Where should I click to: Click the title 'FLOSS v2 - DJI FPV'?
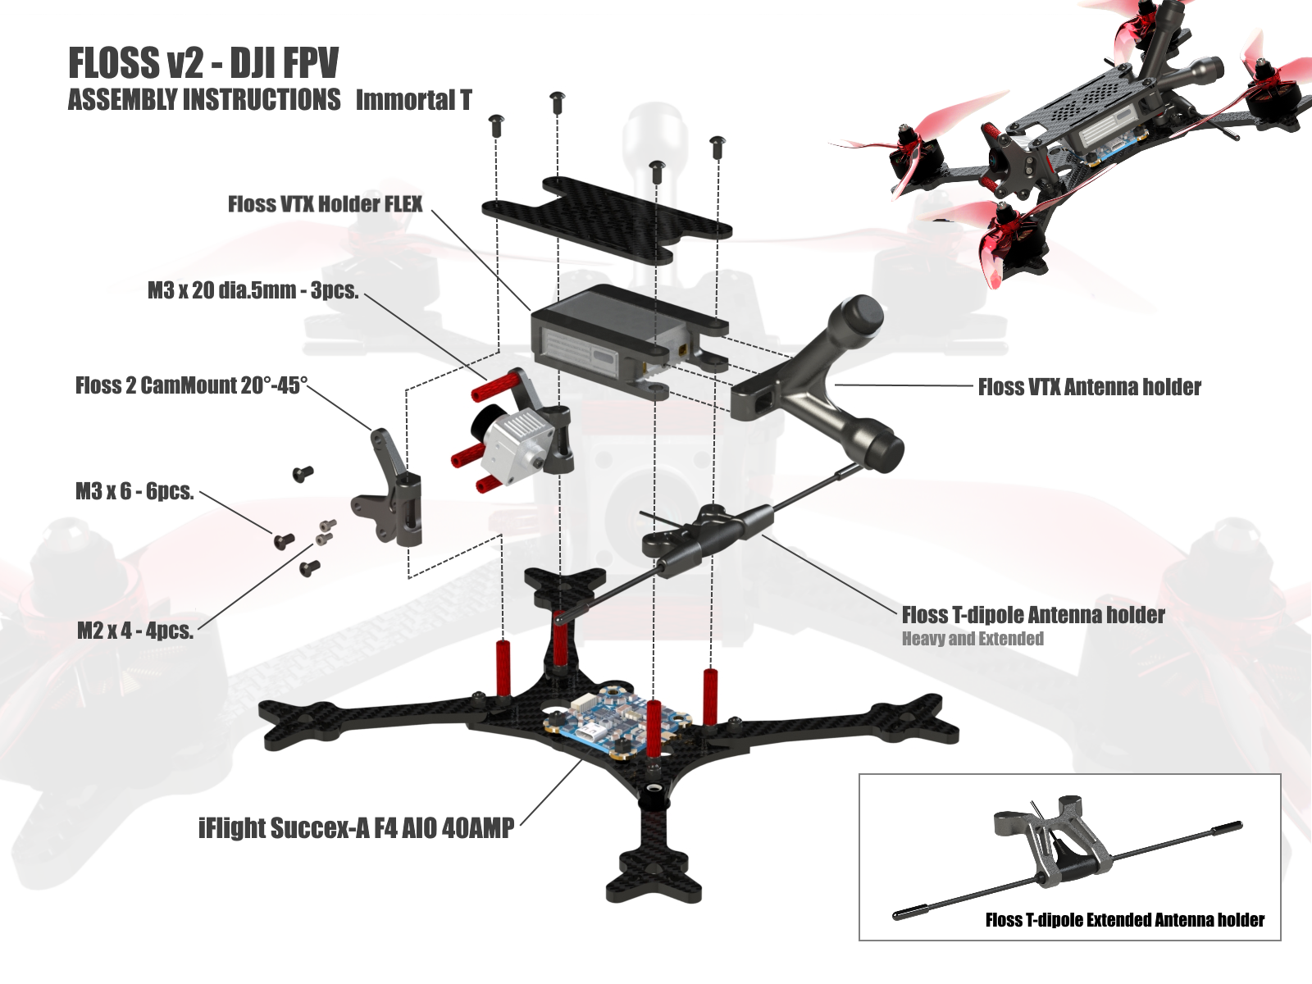pos(203,63)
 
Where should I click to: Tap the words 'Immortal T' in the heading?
pos(413,100)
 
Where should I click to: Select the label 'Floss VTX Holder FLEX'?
pos(325,204)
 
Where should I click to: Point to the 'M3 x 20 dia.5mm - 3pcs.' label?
pos(253,290)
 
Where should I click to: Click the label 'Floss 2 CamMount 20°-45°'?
pos(191,385)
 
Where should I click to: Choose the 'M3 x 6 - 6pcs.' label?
pos(134,491)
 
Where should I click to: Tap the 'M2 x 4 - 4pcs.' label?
pos(135,631)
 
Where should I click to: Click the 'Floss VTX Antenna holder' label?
pos(1089,387)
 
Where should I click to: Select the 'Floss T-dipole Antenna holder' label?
pos(1032,615)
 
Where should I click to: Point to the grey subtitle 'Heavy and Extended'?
pos(973,639)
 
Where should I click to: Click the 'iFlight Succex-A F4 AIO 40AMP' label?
pos(356,828)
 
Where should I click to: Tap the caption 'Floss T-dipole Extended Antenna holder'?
pos(1124,920)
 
